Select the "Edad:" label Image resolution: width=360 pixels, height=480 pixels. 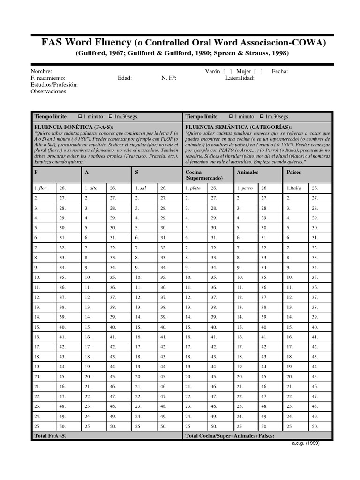(125, 78)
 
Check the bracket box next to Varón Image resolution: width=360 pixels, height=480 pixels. (228, 71)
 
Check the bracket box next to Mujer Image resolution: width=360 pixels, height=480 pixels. (258, 71)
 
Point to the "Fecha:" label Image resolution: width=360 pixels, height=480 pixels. (280, 71)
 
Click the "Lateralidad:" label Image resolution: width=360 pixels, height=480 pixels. (240, 78)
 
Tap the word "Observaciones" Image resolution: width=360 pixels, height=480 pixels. (48, 91)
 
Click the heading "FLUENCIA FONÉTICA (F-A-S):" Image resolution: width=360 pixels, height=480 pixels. (70, 127)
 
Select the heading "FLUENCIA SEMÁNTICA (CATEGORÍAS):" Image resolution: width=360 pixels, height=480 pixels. (238, 127)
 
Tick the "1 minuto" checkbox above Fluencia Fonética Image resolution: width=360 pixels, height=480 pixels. (80, 116)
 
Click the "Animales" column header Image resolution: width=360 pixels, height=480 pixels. (247, 172)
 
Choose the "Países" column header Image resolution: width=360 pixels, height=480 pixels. (293, 172)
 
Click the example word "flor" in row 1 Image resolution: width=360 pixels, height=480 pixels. (43, 188)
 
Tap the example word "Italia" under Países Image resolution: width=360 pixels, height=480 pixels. (295, 188)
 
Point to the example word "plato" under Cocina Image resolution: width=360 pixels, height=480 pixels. (195, 188)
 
